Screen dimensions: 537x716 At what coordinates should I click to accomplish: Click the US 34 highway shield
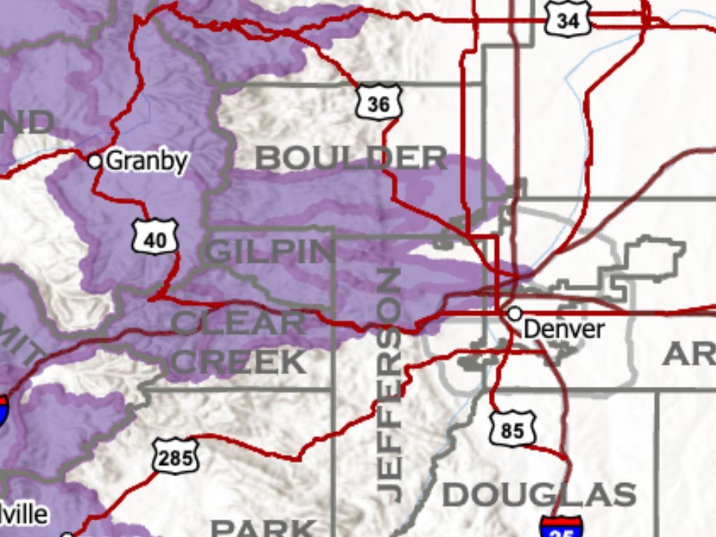click(x=568, y=20)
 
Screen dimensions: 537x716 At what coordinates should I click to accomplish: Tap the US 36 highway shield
click(x=378, y=103)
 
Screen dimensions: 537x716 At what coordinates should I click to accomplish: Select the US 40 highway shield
click(x=155, y=239)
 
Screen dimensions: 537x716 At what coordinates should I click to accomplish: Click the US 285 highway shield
click(x=176, y=457)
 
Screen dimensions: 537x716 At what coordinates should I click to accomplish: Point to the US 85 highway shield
click(x=512, y=429)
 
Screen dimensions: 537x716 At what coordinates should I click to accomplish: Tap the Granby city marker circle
click(x=94, y=161)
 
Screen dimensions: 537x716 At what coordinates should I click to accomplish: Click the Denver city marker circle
click(x=515, y=314)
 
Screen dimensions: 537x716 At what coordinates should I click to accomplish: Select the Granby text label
click(x=148, y=161)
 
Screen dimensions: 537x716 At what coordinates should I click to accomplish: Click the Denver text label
click(x=563, y=329)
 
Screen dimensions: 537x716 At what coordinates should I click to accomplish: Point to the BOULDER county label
click(x=351, y=158)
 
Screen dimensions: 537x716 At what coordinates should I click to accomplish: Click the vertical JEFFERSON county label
click(x=389, y=385)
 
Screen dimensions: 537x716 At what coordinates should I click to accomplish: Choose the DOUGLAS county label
click(x=538, y=495)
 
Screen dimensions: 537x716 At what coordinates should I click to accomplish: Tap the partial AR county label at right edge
click(x=688, y=355)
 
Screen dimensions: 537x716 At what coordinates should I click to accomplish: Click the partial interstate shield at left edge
click(x=3, y=411)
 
